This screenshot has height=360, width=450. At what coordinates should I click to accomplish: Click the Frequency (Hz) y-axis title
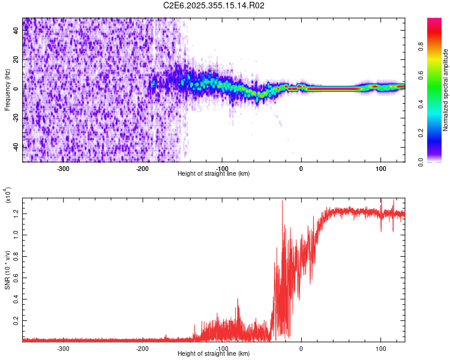[x=8, y=89]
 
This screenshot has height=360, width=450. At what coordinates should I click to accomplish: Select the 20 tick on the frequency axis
[x=16, y=59]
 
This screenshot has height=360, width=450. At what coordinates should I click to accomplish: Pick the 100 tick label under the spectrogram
[x=380, y=169]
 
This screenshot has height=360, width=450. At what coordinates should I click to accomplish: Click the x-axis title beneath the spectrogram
[x=214, y=174]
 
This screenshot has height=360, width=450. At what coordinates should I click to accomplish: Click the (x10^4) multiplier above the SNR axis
[x=8, y=196]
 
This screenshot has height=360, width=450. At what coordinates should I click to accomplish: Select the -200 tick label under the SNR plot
[x=142, y=347]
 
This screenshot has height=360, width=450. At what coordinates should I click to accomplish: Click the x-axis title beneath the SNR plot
[x=214, y=353]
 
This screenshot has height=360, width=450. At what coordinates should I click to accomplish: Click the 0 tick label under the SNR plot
[x=301, y=347]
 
